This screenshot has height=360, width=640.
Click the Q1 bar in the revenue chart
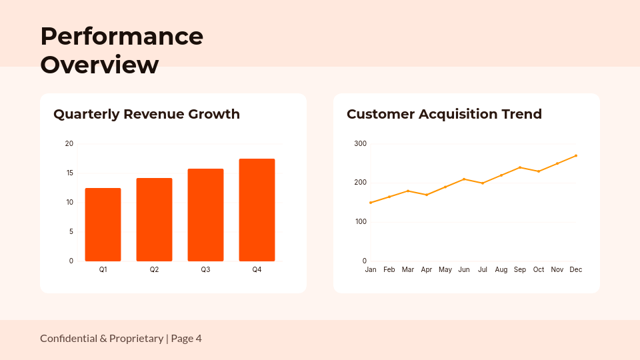[103, 225]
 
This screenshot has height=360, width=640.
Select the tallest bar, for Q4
[257, 210]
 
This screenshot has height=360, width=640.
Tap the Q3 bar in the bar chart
[205, 215]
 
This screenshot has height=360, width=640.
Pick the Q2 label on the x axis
[154, 269]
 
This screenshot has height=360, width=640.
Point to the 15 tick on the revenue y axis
[69, 173]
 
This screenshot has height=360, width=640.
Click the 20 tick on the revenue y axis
[69, 144]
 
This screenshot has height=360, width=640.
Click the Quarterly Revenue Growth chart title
[147, 114]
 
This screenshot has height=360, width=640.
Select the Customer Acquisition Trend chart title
[444, 114]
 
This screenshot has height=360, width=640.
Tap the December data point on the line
[576, 155]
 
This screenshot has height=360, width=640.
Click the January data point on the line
[371, 203]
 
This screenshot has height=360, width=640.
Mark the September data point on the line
[520, 167]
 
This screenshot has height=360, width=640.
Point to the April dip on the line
[427, 195]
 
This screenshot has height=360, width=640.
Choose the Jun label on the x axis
[464, 269]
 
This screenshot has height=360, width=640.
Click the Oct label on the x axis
[539, 269]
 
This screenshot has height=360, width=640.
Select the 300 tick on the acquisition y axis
[360, 144]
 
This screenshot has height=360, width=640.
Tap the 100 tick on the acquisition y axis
[360, 222]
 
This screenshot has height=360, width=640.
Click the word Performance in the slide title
[121, 36]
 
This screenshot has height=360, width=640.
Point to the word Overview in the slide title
[99, 65]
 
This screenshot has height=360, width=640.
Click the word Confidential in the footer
[69, 339]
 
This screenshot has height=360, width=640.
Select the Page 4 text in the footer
[186, 339]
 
